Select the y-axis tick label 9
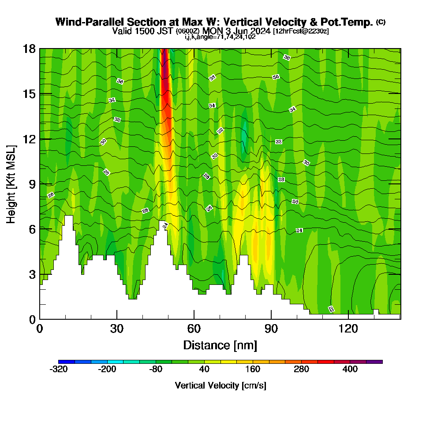point(32,184)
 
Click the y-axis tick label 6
point(32,229)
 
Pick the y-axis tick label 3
point(32,274)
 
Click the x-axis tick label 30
point(117,329)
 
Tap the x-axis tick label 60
point(194,329)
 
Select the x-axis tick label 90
point(271,329)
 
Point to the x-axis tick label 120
point(348,329)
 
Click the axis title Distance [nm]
point(220,344)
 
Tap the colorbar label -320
point(59,370)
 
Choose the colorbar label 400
point(350,370)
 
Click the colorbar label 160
point(253,370)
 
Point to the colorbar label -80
point(156,370)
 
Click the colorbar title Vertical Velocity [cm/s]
point(220,385)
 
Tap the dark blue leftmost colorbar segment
point(67,362)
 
